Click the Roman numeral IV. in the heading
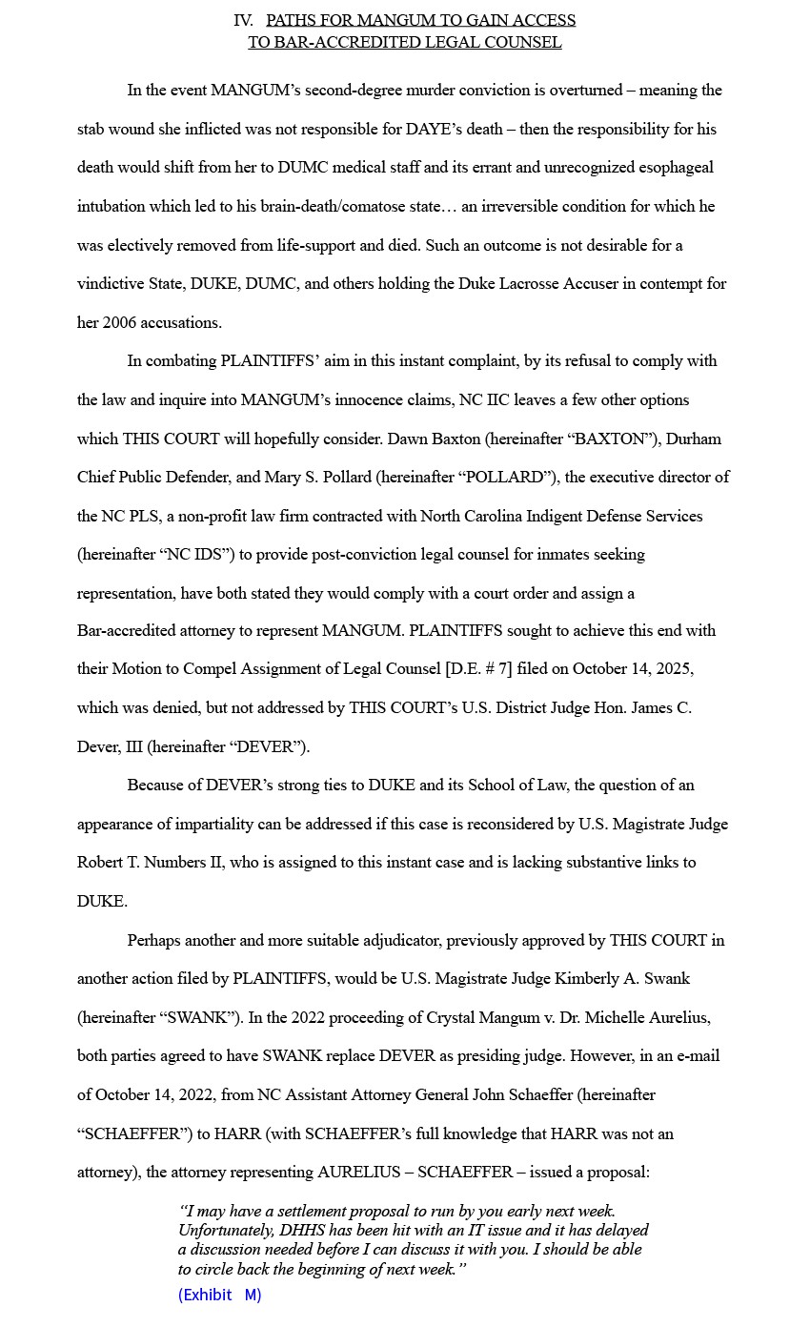(243, 20)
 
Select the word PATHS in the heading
(290, 20)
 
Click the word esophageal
(673, 168)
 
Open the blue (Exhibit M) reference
(219, 1295)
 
